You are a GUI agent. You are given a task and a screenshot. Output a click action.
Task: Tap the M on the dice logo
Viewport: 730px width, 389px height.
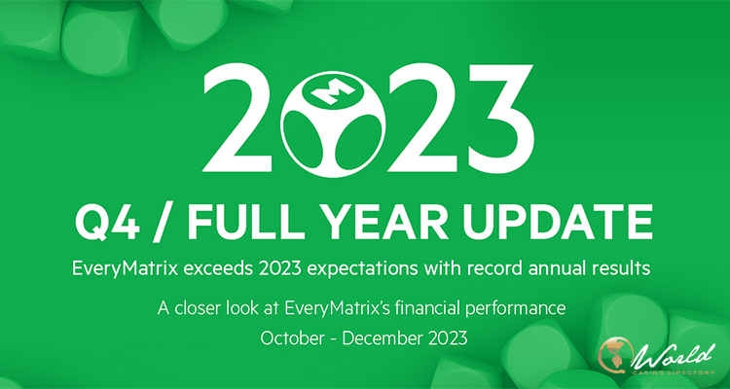[326, 90]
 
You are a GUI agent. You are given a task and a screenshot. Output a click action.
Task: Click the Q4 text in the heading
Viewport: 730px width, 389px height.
[107, 225]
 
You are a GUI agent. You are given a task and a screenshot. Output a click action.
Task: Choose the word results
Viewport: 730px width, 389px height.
[613, 269]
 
